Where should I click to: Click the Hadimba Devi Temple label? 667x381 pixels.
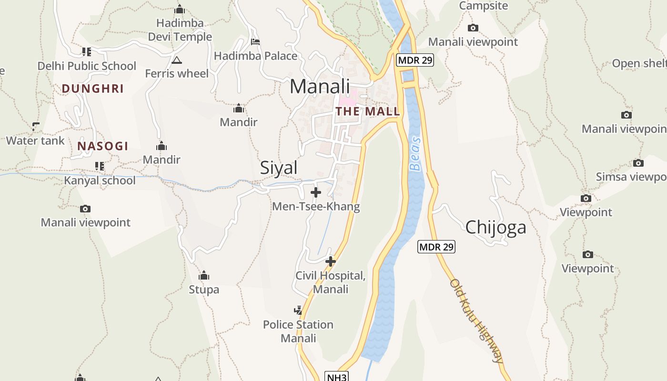tap(180, 30)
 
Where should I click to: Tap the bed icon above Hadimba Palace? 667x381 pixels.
tap(255, 42)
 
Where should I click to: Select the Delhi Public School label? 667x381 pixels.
tap(87, 66)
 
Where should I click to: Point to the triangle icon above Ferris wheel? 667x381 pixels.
tap(177, 60)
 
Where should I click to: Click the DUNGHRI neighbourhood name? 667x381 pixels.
tap(92, 89)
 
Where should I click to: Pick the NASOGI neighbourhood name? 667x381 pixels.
tap(103, 146)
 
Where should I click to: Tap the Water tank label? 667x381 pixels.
tap(35, 140)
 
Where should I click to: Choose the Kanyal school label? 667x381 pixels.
tap(100, 180)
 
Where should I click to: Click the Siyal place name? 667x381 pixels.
tap(279, 168)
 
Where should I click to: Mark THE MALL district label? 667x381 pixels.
tap(367, 111)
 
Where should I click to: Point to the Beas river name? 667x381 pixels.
tap(415, 154)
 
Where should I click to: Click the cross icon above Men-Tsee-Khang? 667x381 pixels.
tap(315, 192)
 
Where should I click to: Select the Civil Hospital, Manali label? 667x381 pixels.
tap(331, 282)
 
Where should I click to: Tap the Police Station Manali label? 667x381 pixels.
tap(298, 331)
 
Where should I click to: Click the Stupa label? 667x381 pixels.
tap(204, 289)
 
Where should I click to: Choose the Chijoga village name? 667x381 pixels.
tap(495, 227)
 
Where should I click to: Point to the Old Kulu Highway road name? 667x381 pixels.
tap(477, 321)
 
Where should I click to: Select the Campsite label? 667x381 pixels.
tap(483, 6)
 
